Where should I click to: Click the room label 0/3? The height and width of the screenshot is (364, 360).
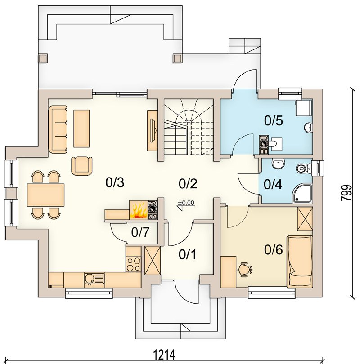(115, 182)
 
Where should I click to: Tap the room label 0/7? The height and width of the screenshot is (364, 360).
(140, 232)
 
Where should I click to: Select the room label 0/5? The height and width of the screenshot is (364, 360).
(274, 121)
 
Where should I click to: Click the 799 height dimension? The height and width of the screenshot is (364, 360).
(346, 193)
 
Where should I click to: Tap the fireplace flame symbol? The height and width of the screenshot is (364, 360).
(139, 210)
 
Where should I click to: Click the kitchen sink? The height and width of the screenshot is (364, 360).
(94, 280)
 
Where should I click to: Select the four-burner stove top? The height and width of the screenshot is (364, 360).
(133, 264)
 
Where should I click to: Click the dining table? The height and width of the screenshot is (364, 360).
(45, 195)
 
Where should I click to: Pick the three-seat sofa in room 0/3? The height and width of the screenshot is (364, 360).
(58, 129)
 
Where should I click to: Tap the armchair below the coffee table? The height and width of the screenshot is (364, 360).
(82, 166)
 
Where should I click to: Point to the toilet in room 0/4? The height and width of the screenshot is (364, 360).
(304, 168)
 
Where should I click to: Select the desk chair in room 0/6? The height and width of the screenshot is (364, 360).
(245, 269)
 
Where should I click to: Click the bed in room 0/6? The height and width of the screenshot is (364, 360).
(300, 262)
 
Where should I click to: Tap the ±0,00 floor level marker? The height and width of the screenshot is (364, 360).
(186, 204)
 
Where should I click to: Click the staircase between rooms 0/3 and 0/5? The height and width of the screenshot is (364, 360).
(189, 127)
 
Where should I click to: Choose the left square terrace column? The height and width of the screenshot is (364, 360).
(43, 58)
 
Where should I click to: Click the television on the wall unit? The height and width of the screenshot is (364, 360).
(153, 130)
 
